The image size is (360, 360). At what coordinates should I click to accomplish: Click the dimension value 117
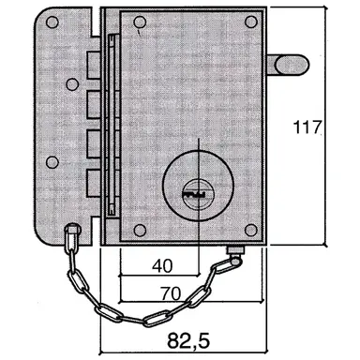(x=310, y=127)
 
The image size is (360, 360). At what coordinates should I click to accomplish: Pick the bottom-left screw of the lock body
(x=138, y=230)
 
